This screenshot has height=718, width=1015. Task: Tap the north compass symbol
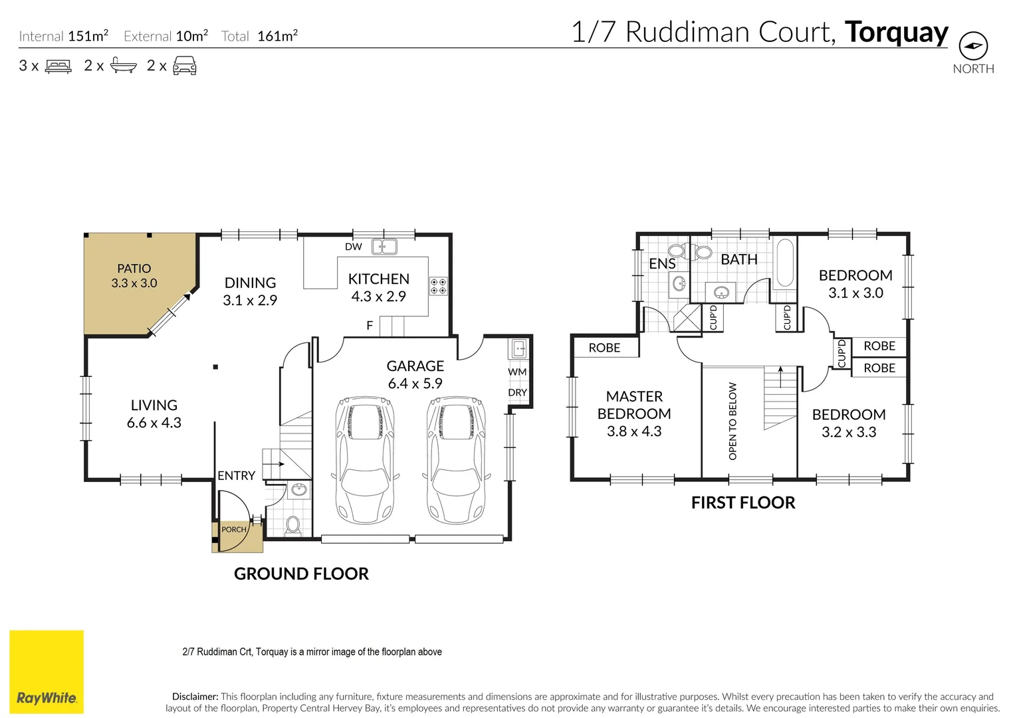click(x=973, y=47)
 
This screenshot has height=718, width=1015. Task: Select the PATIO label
click(x=134, y=269)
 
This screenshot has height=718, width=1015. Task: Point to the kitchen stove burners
click(x=438, y=287)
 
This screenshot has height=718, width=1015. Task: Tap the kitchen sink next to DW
click(x=384, y=247)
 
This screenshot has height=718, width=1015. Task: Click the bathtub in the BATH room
click(x=785, y=263)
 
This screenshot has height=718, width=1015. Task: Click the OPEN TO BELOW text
click(x=733, y=421)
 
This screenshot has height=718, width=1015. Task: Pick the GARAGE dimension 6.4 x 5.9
click(x=415, y=384)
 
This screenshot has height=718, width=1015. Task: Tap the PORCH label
click(x=233, y=530)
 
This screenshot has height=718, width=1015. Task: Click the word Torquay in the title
click(x=896, y=32)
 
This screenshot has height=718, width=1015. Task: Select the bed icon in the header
click(x=58, y=66)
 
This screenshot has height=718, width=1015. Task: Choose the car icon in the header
click(x=185, y=66)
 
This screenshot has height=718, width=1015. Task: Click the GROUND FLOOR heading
click(x=301, y=574)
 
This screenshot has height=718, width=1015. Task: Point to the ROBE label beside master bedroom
click(x=604, y=348)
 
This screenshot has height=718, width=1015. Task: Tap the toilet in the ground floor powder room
click(x=292, y=525)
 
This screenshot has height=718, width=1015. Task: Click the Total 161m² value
click(x=277, y=37)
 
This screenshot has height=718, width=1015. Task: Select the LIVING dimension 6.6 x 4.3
click(x=154, y=423)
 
